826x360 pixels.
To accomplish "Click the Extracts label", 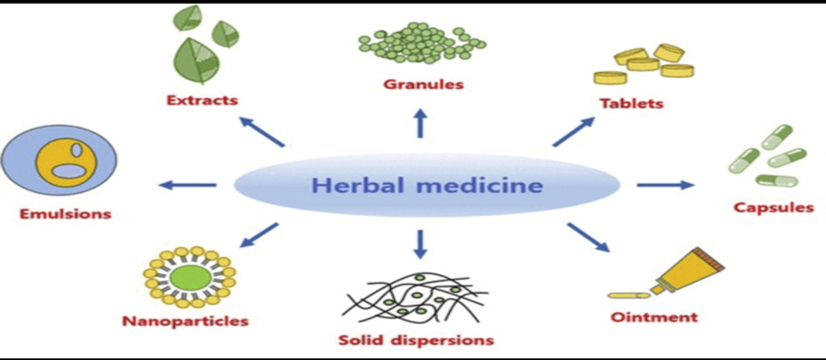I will [x=202, y=100].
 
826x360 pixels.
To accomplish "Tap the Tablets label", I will [x=631, y=104].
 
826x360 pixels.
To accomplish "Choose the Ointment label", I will [x=653, y=318].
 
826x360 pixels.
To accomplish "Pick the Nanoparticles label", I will [x=186, y=322].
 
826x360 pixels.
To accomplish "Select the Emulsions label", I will [x=65, y=213].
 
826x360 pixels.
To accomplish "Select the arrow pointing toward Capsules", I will [x=665, y=184].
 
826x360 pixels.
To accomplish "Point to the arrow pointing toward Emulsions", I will [x=189, y=185].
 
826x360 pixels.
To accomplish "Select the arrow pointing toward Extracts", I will [x=263, y=132].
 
